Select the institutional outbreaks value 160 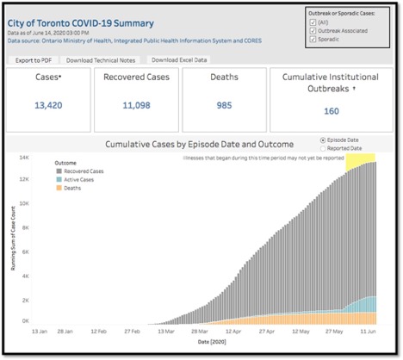(x=331, y=110)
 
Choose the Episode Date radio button (x=322, y=139)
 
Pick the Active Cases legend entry (x=78, y=178)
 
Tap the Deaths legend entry (x=72, y=187)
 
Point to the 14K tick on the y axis (x=26, y=158)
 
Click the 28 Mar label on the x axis (x=199, y=330)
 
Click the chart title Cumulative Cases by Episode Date (x=200, y=143)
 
